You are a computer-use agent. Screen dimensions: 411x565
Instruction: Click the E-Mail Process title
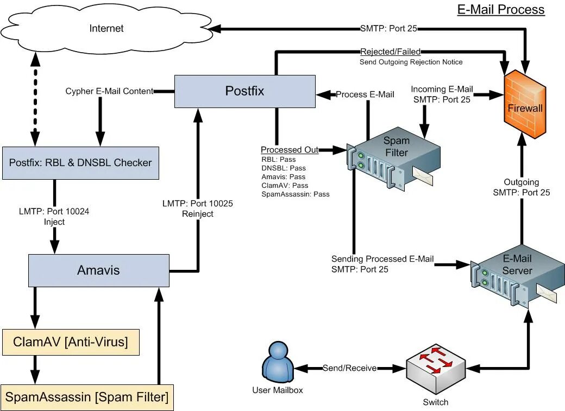(500, 9)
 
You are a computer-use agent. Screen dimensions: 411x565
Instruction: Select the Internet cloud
(106, 28)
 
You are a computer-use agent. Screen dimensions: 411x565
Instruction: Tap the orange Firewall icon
(525, 108)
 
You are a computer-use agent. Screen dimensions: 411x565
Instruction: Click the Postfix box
(244, 91)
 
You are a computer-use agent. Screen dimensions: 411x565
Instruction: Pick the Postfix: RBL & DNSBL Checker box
(80, 162)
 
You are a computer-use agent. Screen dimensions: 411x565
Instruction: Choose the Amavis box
(98, 270)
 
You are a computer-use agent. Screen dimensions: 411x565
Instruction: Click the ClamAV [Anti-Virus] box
(71, 342)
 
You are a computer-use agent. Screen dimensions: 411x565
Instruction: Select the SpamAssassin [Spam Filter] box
(87, 397)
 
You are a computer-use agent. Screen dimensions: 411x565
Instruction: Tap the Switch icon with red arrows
(436, 369)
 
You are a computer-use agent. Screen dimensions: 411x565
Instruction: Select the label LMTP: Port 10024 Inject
(54, 217)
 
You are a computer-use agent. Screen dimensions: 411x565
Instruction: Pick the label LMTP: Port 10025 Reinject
(198, 208)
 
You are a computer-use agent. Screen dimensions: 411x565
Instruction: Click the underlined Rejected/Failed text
(390, 52)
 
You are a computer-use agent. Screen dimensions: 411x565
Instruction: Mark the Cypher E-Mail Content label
(109, 91)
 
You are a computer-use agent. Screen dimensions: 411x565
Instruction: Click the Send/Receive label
(349, 368)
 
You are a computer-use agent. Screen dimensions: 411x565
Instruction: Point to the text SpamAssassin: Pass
(295, 194)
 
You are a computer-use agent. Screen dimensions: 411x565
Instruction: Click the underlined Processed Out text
(289, 150)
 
